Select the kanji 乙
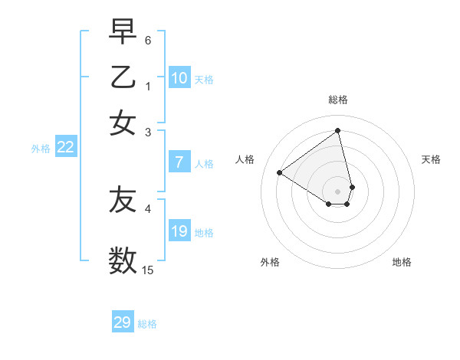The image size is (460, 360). tap(123, 77)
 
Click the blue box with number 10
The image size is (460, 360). tap(179, 78)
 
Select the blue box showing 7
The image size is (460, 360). tap(179, 162)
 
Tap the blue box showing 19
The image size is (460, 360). tap(179, 231)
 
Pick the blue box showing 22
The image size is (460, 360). tap(65, 148)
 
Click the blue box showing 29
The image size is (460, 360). tap(123, 322)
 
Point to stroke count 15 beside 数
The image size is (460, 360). tap(148, 270)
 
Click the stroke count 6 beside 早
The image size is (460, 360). tap(148, 39)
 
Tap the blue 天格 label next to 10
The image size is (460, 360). tap(204, 80)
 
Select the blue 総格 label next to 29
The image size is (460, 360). tap(147, 324)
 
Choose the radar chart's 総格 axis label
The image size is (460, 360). tap(338, 100)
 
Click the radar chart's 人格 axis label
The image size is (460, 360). tap(245, 159)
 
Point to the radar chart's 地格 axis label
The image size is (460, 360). tap(402, 262)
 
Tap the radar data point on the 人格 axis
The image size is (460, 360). tap(280, 172)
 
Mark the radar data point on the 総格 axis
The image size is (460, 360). tap(338, 130)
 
